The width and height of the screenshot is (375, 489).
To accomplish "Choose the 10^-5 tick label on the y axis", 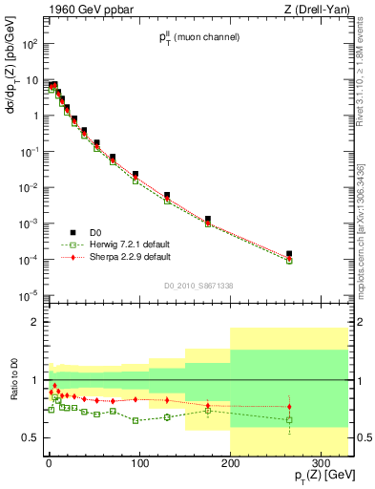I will [28, 294].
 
